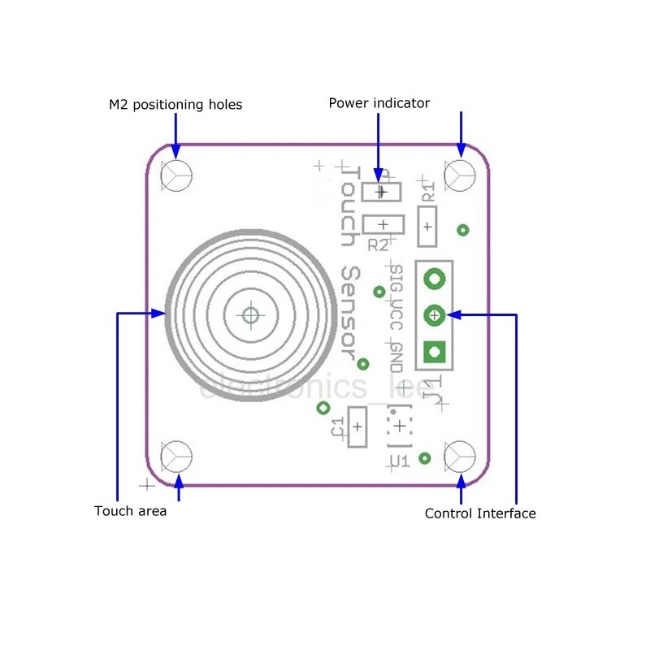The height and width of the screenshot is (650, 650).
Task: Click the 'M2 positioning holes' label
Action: tap(175, 105)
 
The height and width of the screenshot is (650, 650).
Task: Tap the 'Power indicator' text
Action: tap(379, 103)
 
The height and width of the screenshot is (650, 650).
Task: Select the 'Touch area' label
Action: tap(130, 511)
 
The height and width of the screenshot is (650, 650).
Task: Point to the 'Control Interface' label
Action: tap(480, 513)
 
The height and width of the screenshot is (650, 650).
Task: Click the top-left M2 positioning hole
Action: tap(176, 175)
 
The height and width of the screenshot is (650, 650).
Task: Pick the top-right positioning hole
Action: tap(460, 175)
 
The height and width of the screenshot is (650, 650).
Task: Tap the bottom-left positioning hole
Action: tap(176, 457)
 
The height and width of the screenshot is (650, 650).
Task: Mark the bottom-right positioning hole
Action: tap(460, 457)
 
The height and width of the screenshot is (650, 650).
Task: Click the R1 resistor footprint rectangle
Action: tap(427, 226)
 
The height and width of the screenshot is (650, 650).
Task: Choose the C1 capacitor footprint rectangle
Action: tap(357, 426)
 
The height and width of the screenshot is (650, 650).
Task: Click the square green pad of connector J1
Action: tap(435, 351)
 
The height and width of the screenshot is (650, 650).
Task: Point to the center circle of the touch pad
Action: tap(250, 314)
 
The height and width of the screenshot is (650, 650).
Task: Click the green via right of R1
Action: tap(463, 230)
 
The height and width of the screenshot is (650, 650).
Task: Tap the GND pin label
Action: tap(396, 356)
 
